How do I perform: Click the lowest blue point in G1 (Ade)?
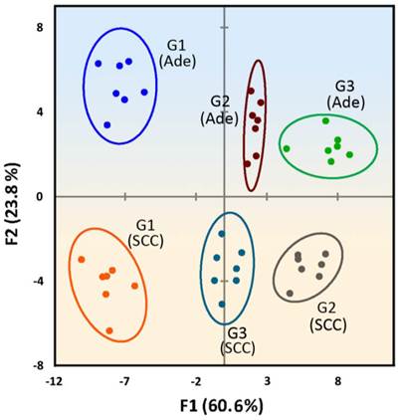coord(107,124)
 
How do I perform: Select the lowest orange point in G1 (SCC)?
coord(109,330)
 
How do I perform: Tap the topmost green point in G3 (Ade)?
coord(325,120)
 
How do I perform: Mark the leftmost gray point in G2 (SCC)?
coord(290,293)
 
